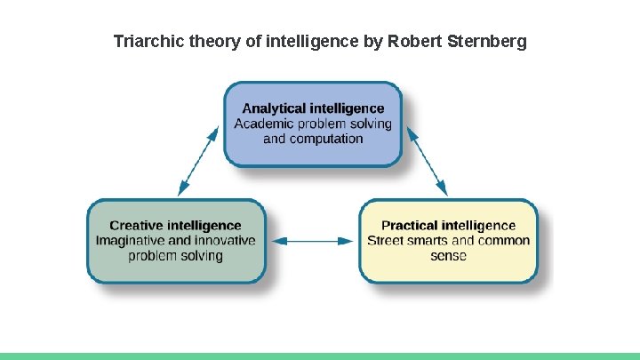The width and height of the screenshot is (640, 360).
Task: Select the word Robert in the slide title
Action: pos(418,41)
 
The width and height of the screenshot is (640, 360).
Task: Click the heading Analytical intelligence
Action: pos(313,108)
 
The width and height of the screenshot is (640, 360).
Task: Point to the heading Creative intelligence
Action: pos(175,226)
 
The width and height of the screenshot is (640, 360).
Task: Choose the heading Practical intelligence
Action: pos(448,226)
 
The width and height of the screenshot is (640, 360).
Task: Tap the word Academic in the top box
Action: pos(263,124)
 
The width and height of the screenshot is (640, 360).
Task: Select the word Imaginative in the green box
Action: pos(132,241)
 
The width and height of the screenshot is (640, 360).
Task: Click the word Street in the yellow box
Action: pos(386,241)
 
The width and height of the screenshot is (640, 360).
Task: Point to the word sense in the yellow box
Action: pos(448,256)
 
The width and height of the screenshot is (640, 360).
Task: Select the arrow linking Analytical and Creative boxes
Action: pos(197,160)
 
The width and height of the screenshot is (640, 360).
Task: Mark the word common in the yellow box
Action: pos(503,241)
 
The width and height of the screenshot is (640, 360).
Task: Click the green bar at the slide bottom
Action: pos(320,356)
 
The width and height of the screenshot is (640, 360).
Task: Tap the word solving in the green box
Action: pos(199,256)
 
